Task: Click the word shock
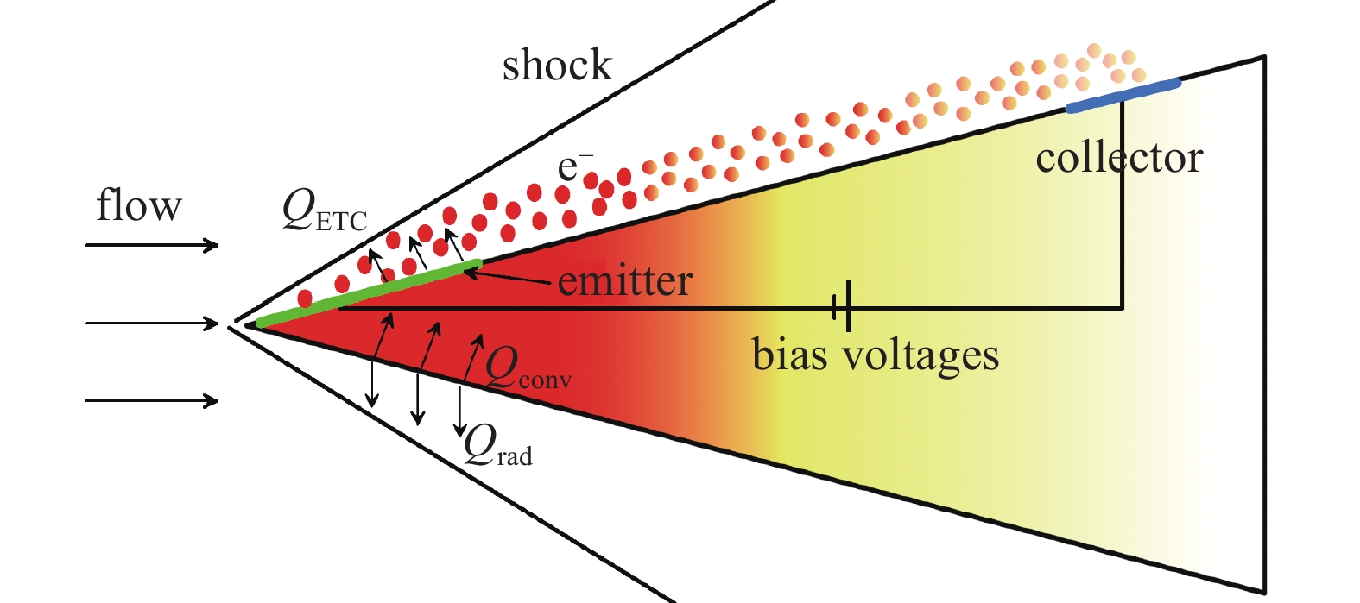pyautogui.click(x=557, y=66)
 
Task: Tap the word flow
pyautogui.click(x=138, y=207)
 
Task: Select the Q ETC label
pyautogui.click(x=324, y=211)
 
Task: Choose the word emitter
pyautogui.click(x=624, y=281)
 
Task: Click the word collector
pyautogui.click(x=1119, y=158)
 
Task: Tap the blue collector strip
pyautogui.click(x=1122, y=95)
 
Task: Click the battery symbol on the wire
pyautogui.click(x=843, y=306)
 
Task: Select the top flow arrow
pyautogui.click(x=151, y=246)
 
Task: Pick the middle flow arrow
pyautogui.click(x=151, y=323)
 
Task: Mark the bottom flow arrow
pyautogui.click(x=151, y=400)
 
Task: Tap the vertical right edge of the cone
pyautogui.click(x=1264, y=328)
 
